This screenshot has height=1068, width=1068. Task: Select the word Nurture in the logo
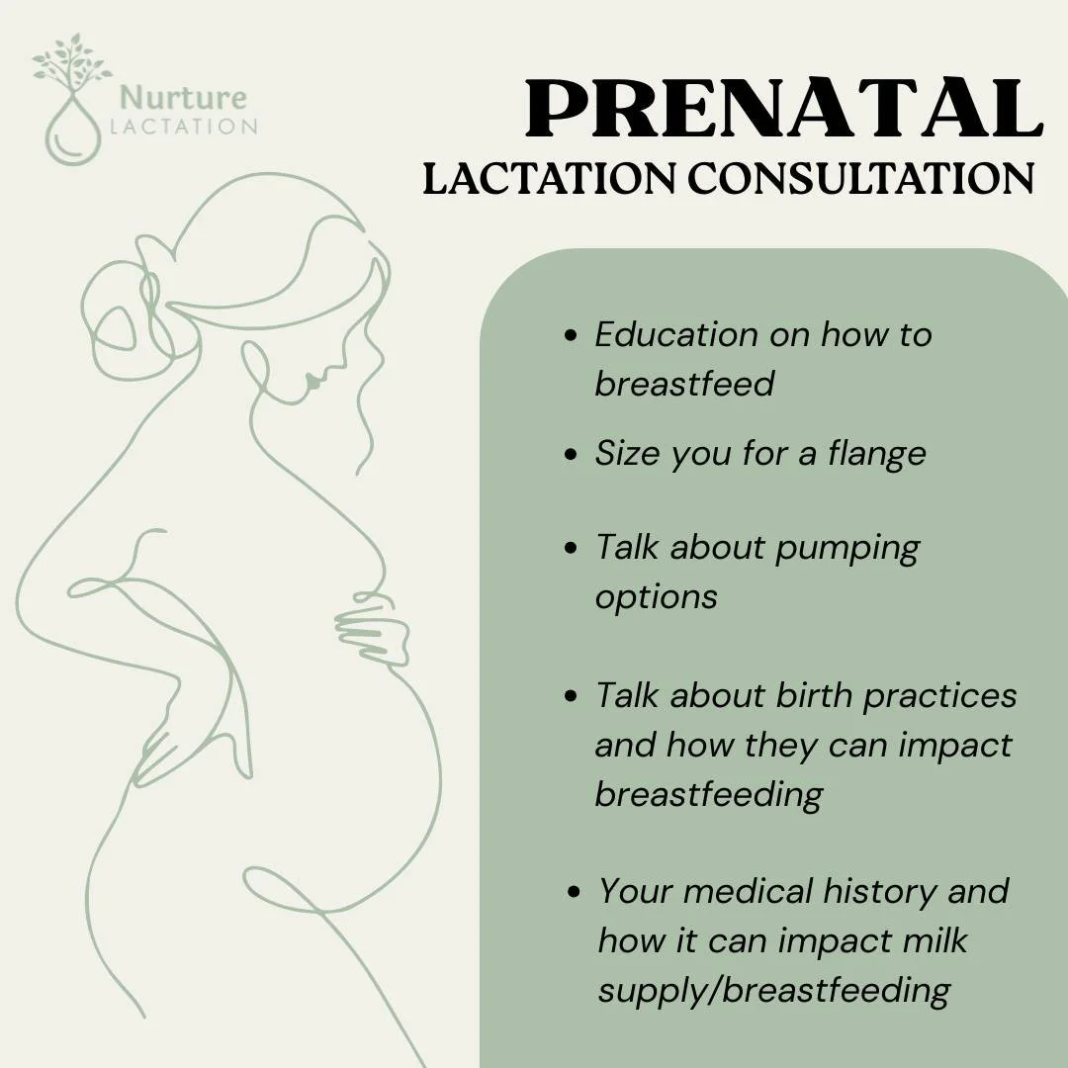pyautogui.click(x=183, y=98)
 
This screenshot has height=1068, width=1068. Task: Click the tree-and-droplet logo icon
pyautogui.click(x=71, y=99)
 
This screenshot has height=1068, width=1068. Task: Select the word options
pyautogui.click(x=656, y=597)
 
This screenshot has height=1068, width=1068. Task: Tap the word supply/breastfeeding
pyautogui.click(x=774, y=989)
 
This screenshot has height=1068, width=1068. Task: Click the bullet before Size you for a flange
pyautogui.click(x=570, y=454)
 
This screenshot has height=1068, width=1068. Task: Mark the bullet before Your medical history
pyautogui.click(x=574, y=892)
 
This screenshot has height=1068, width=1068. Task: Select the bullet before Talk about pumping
pyautogui.click(x=570, y=547)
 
